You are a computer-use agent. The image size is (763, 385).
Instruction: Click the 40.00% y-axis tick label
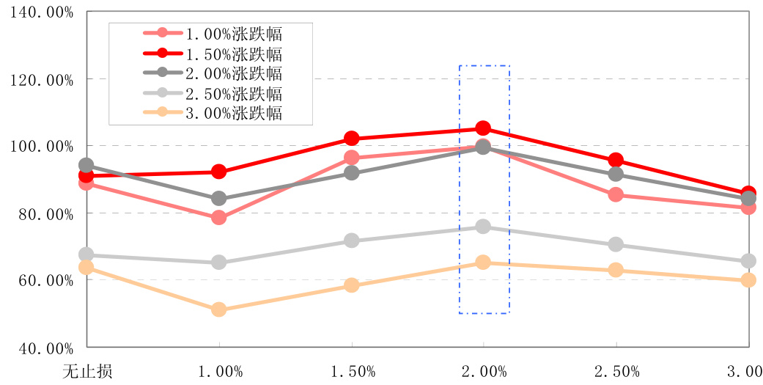[41, 348]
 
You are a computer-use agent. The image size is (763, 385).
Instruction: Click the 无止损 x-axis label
[87, 370]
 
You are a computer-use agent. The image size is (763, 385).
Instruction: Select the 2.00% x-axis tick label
[484, 370]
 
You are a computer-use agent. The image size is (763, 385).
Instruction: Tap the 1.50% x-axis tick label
[352, 370]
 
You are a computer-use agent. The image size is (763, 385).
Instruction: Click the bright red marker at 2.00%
[483, 129]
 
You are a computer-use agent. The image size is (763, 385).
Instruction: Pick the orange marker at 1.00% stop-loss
[218, 309]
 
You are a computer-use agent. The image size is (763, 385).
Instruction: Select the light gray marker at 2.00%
[483, 227]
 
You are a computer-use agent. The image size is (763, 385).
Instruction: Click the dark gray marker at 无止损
[86, 166]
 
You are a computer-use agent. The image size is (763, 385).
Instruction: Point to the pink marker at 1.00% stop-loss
[218, 218]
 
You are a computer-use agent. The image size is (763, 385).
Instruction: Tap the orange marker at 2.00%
[483, 263]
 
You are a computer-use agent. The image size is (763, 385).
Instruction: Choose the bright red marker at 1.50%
[351, 139]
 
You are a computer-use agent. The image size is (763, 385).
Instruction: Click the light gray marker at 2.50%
[616, 244]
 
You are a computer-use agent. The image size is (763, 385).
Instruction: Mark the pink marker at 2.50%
[616, 195]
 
